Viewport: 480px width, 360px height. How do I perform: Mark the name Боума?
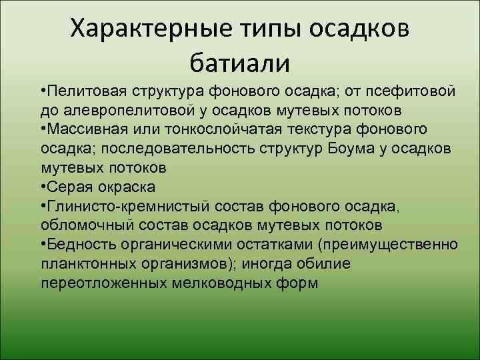coord(352,147)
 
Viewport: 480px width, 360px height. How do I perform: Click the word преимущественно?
coord(399,245)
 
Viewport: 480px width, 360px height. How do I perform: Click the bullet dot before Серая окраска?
coord(44,185)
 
